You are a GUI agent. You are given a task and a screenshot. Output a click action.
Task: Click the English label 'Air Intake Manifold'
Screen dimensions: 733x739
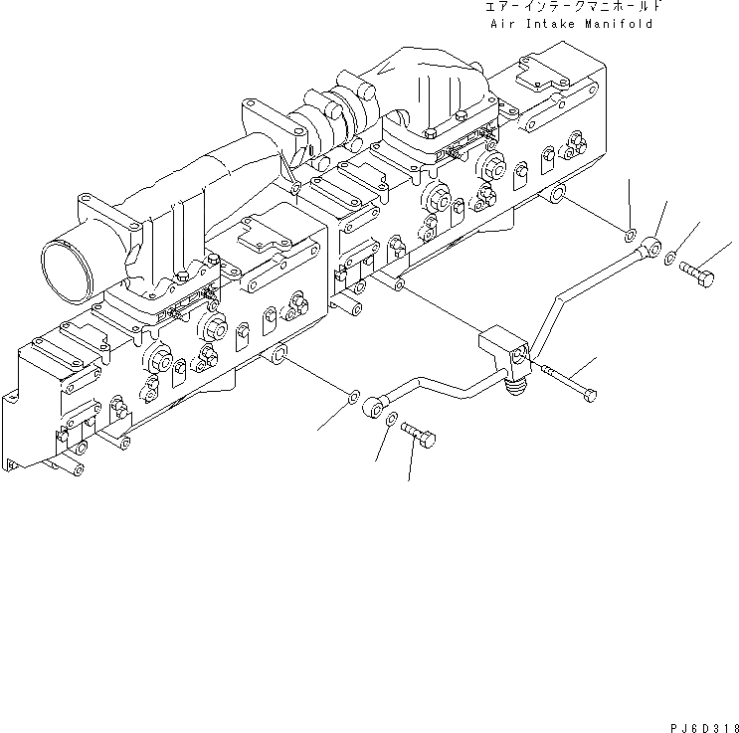click(x=571, y=24)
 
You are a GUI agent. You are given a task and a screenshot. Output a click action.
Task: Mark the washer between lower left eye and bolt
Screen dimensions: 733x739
click(x=393, y=419)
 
